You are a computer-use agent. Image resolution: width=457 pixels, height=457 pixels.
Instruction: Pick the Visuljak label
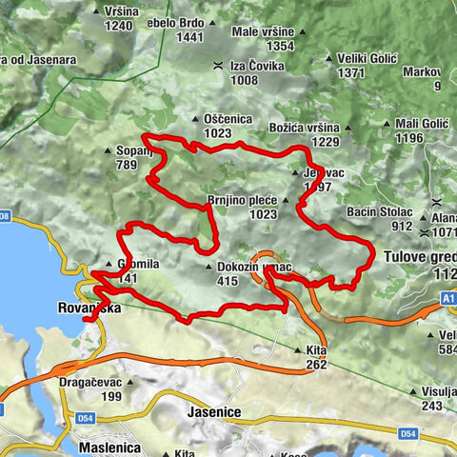pyautogui.click(x=435, y=391)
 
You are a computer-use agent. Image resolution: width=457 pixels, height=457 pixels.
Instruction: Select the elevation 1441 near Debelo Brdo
pyautogui.click(x=191, y=37)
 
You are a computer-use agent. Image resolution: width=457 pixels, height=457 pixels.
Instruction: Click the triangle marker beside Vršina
pyautogui.click(x=98, y=11)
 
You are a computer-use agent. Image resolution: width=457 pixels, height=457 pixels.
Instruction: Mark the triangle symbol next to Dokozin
pyautogui.click(x=209, y=268)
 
